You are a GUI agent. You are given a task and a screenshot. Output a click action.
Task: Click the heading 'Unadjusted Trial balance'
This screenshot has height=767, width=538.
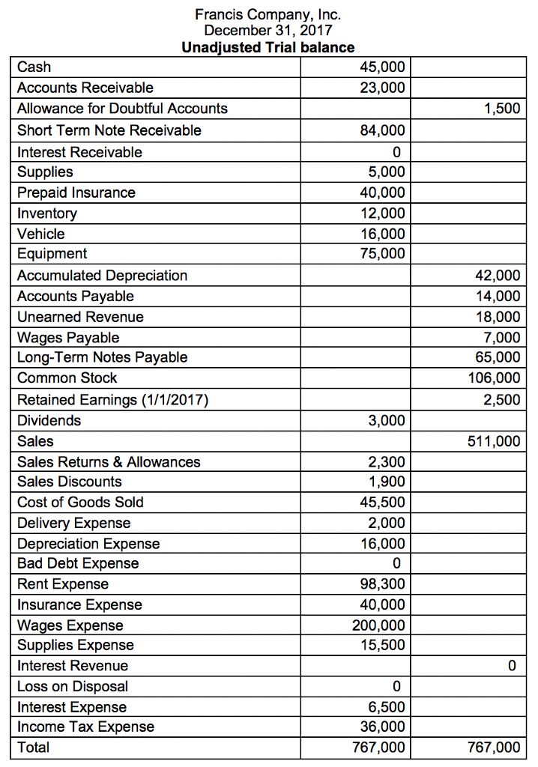point(268,48)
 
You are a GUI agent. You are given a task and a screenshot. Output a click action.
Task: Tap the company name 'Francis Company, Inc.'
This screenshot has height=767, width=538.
point(268,13)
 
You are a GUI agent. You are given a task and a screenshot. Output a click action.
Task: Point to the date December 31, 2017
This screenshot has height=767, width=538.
point(268,31)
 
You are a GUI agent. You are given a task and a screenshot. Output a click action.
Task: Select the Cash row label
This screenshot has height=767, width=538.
point(34,67)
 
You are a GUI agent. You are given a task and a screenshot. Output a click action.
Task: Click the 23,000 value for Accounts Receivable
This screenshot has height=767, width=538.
point(382,88)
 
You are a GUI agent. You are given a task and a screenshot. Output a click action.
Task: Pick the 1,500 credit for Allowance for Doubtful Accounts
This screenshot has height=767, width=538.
point(502,109)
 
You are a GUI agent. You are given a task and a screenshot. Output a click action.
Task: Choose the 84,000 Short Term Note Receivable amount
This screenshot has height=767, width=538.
point(382,130)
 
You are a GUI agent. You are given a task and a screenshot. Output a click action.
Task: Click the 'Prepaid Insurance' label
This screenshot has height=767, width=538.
point(76,192)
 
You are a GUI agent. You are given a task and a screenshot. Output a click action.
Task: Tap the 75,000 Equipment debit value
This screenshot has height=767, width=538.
point(382,253)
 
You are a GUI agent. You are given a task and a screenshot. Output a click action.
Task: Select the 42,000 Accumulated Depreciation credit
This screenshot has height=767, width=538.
point(498,276)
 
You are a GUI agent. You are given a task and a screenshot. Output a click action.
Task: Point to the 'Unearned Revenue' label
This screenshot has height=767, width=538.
point(80,317)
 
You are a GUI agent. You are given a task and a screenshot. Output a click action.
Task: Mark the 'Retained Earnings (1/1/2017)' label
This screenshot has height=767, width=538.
point(112,399)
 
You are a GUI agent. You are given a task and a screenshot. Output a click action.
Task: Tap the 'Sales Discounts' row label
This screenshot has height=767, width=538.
point(70,482)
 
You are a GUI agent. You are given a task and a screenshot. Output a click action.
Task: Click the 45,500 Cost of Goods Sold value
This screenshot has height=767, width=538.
point(382,502)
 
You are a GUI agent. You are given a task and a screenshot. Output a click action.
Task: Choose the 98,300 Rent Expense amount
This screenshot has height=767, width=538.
point(382,584)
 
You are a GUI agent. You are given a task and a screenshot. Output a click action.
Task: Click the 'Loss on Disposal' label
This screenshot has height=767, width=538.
point(73,686)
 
